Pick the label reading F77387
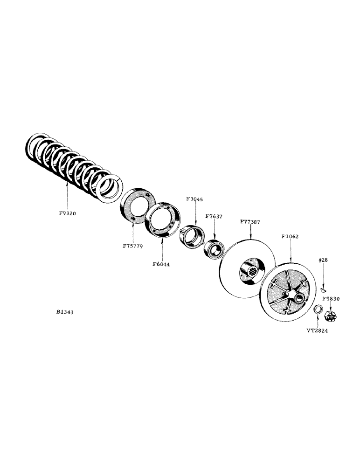click(250, 222)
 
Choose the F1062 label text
click(291, 237)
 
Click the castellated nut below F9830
click(330, 317)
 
